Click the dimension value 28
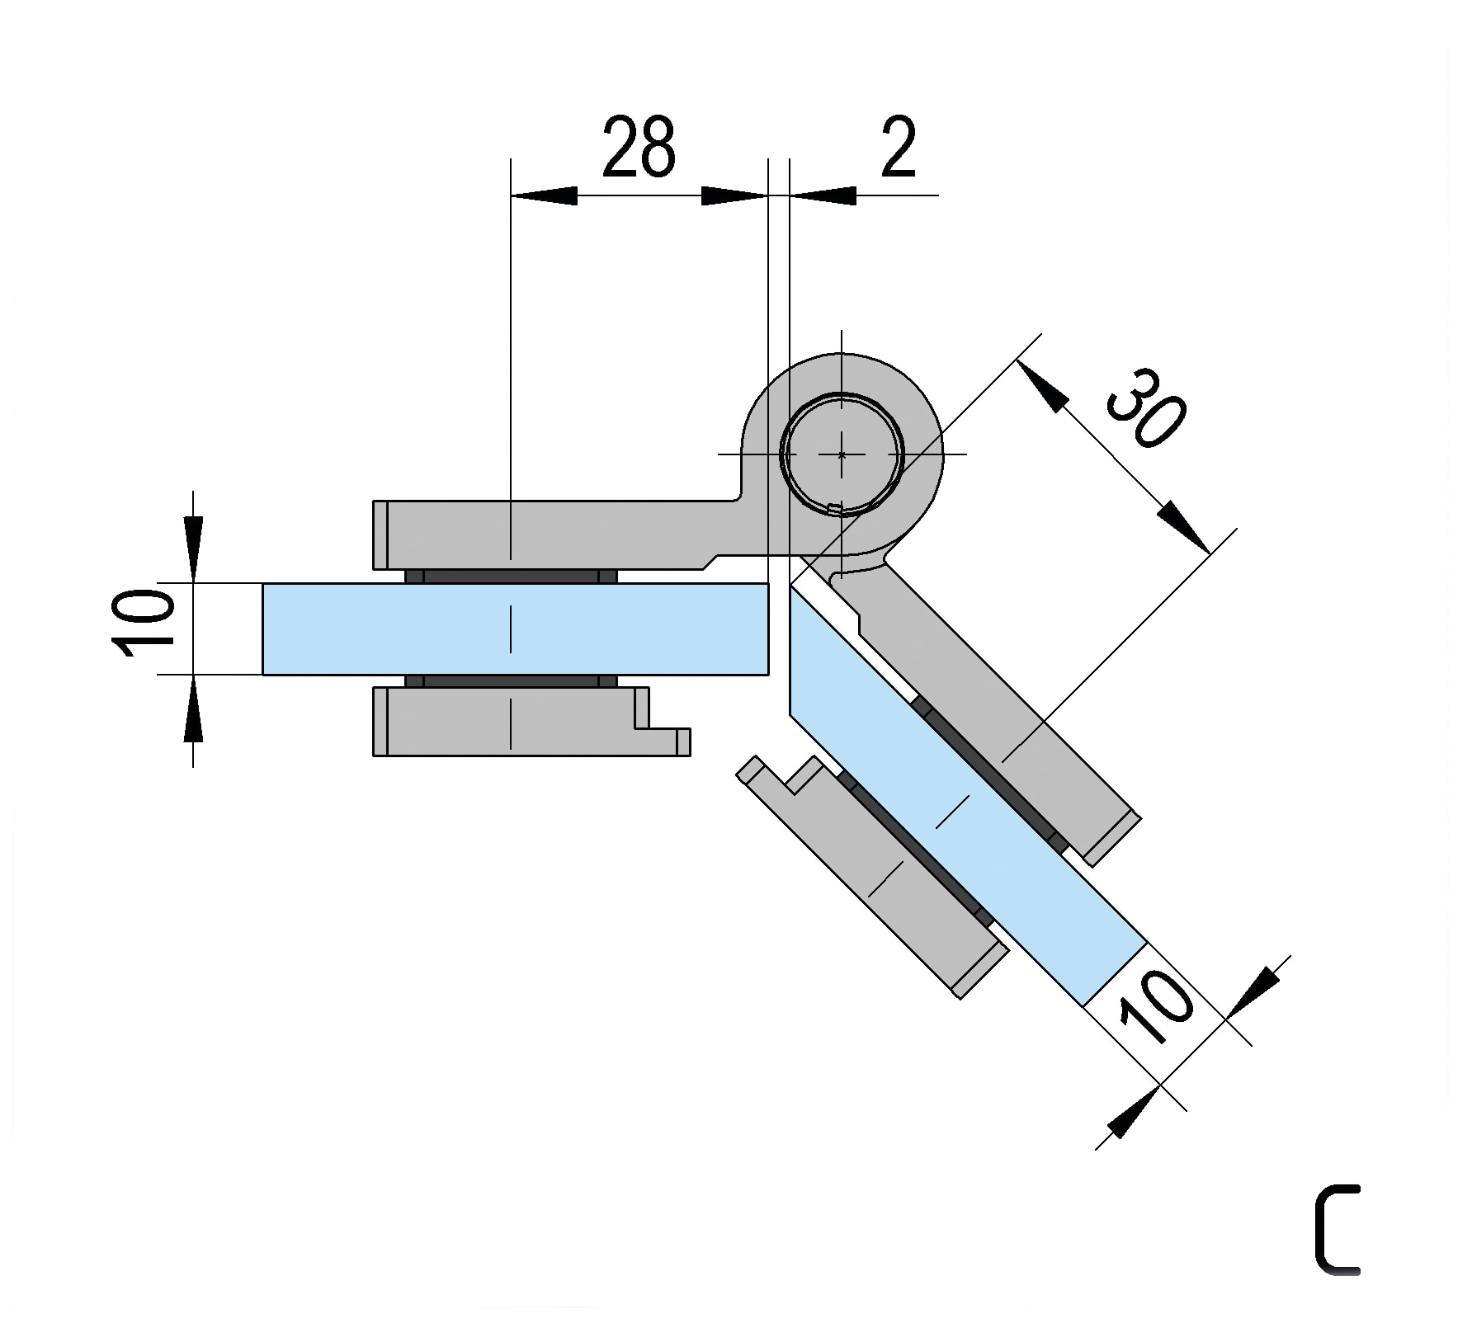639,148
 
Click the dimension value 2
898,148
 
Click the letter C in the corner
1337,1229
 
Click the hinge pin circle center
842,454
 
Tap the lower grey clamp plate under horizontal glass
512,721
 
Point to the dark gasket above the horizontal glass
511,576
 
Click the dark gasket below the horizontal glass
511,681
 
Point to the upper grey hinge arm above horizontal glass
561,533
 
